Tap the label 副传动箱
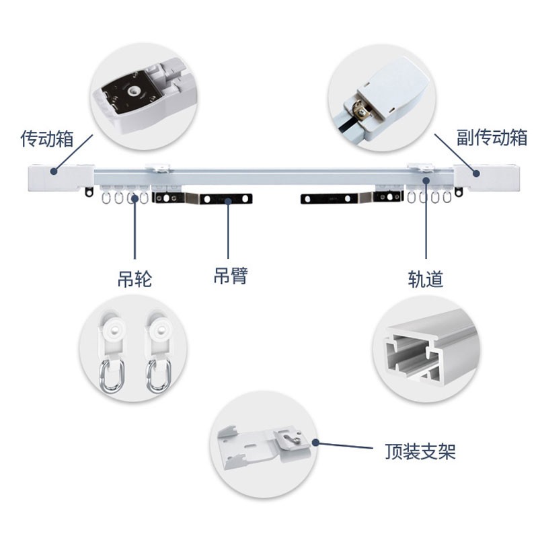[492, 138]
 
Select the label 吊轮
[134, 278]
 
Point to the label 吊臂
[230, 275]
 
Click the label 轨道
[426, 278]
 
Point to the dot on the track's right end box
[476, 173]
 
